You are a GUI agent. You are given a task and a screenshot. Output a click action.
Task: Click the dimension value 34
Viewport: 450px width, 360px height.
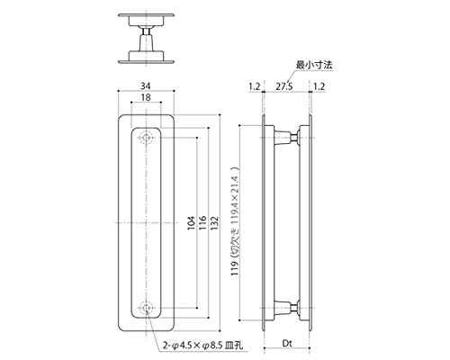point(146,86)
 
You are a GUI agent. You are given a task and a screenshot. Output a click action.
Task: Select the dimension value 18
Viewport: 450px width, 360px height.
point(146,97)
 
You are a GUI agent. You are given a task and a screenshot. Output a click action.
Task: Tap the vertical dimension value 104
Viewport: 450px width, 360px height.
point(192,223)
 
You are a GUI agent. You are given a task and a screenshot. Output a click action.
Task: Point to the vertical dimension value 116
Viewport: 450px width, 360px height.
point(202,223)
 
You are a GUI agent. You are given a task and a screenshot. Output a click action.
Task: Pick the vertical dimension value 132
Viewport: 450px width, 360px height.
point(214,223)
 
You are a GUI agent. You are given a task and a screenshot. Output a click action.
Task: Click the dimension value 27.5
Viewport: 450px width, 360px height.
point(284,86)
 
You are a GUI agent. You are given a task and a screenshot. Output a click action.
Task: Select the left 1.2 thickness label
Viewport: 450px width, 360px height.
point(255,86)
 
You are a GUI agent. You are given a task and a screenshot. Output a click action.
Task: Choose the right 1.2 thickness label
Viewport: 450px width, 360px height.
point(319,86)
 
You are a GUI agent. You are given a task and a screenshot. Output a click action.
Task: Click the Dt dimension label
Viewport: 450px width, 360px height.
point(287,343)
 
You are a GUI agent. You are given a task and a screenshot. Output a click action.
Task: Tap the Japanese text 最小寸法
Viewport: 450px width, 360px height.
point(314,65)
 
